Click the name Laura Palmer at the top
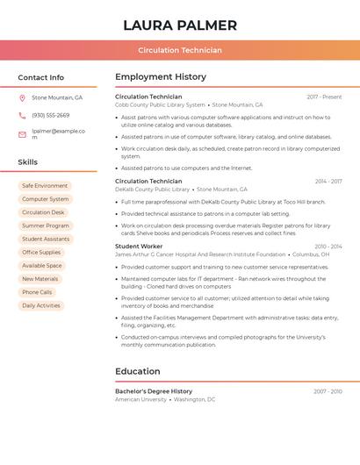tap(180, 25)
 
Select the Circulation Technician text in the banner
tap(180, 51)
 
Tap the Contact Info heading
tap(41, 77)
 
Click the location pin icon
tap(22, 98)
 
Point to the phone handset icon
tap(22, 115)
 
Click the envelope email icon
tap(22, 134)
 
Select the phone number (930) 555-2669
tap(51, 115)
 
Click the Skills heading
tap(28, 162)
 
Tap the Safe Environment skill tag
tap(45, 186)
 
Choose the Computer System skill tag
tap(46, 199)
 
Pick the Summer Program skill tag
tap(46, 225)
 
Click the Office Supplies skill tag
tap(41, 253)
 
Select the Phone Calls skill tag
tap(37, 292)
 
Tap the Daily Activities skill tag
tap(41, 305)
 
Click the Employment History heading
tap(161, 77)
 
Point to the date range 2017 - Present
tap(324, 97)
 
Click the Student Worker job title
tap(139, 247)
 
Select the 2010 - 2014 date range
tap(328, 247)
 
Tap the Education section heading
tap(138, 371)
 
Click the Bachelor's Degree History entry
tap(154, 391)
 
